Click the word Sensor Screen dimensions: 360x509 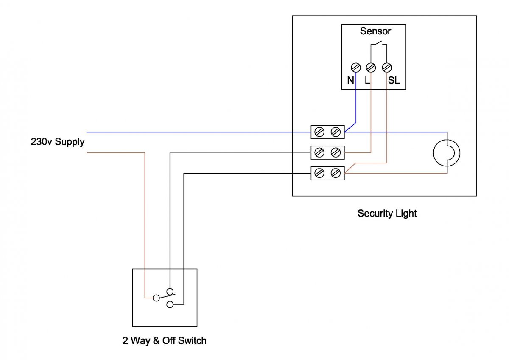(x=375, y=31)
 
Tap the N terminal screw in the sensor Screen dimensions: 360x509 (x=356, y=67)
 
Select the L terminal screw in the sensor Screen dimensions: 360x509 (x=371, y=67)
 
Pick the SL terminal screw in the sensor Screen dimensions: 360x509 (x=386, y=67)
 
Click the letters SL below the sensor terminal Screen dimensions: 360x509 (x=394, y=80)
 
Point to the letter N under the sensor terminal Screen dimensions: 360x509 (x=350, y=80)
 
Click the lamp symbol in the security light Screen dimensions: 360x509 (x=447, y=153)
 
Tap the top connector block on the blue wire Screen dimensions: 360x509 (x=327, y=132)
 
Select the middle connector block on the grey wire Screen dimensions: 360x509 (x=327, y=152)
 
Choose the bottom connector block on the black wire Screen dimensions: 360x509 (x=327, y=173)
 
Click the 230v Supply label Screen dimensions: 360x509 (x=58, y=142)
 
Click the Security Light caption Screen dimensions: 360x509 (x=387, y=213)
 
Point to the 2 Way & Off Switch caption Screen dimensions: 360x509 (x=165, y=340)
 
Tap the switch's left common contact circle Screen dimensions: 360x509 (x=156, y=298)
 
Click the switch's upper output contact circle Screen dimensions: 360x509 (x=170, y=291)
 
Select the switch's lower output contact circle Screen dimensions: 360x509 (x=170, y=304)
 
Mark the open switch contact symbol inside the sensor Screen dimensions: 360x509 (x=379, y=44)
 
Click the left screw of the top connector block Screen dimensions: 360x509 (x=320, y=132)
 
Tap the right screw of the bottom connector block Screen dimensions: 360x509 (x=336, y=173)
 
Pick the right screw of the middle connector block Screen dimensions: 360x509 (x=336, y=152)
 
